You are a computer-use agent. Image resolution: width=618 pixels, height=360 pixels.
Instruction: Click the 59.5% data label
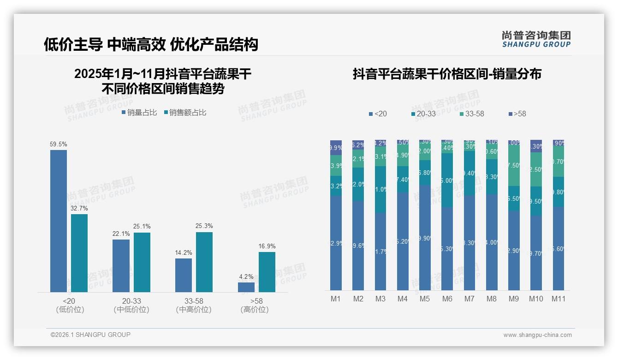click(x=59, y=144)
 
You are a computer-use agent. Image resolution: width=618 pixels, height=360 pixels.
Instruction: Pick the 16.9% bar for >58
click(x=267, y=272)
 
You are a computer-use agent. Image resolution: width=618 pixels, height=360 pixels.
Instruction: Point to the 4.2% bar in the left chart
click(x=246, y=287)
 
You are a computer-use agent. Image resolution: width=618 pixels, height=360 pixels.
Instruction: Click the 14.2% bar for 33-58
click(x=184, y=275)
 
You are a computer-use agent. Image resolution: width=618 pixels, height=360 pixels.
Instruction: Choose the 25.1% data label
click(x=142, y=227)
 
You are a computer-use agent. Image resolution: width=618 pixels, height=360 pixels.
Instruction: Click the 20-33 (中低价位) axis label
click(x=131, y=305)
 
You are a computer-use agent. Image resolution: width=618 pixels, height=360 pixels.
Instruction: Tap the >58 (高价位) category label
click(x=255, y=305)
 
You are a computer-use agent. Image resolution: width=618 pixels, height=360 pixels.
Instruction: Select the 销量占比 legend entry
click(x=139, y=113)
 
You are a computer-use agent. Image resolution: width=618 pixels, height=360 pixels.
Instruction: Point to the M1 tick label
click(x=336, y=299)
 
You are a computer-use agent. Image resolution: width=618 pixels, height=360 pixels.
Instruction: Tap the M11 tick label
click(x=559, y=299)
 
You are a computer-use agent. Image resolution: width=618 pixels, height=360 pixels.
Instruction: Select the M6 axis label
click(x=447, y=299)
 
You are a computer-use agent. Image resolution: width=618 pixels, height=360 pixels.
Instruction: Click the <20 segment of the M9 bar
click(x=514, y=251)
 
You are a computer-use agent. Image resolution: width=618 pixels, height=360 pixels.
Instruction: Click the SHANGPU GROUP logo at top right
click(x=536, y=39)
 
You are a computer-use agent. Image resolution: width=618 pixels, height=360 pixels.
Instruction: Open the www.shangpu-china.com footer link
click(x=537, y=335)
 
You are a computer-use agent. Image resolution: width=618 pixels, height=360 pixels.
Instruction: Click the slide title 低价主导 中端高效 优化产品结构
click(x=151, y=44)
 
